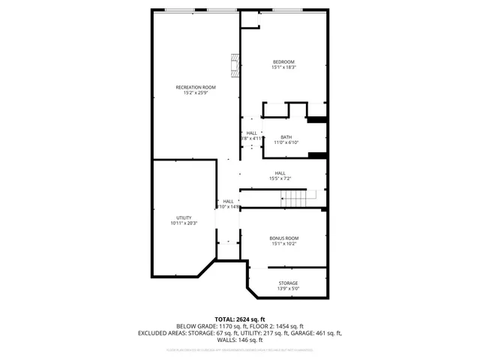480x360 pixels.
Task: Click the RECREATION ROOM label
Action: click(190, 87)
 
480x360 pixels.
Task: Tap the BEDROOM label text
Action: click(283, 61)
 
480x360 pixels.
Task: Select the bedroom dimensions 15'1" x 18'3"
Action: click(283, 67)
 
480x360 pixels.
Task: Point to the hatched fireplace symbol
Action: click(235, 65)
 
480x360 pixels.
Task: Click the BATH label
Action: click(286, 136)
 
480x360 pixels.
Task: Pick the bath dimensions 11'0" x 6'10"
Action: click(286, 142)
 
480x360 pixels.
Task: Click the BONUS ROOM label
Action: click(284, 238)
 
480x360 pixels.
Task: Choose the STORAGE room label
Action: click(288, 283)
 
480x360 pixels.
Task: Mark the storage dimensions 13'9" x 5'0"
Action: click(288, 289)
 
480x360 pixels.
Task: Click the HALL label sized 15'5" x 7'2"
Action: click(280, 173)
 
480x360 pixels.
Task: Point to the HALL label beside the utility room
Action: click(228, 201)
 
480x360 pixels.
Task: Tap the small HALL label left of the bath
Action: click(251, 133)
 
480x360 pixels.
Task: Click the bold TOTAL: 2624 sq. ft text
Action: click(240, 319)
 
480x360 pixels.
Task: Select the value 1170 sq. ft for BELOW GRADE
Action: click(233, 326)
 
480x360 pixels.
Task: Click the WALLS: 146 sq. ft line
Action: click(240, 340)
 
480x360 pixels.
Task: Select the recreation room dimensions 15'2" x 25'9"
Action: click(190, 93)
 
